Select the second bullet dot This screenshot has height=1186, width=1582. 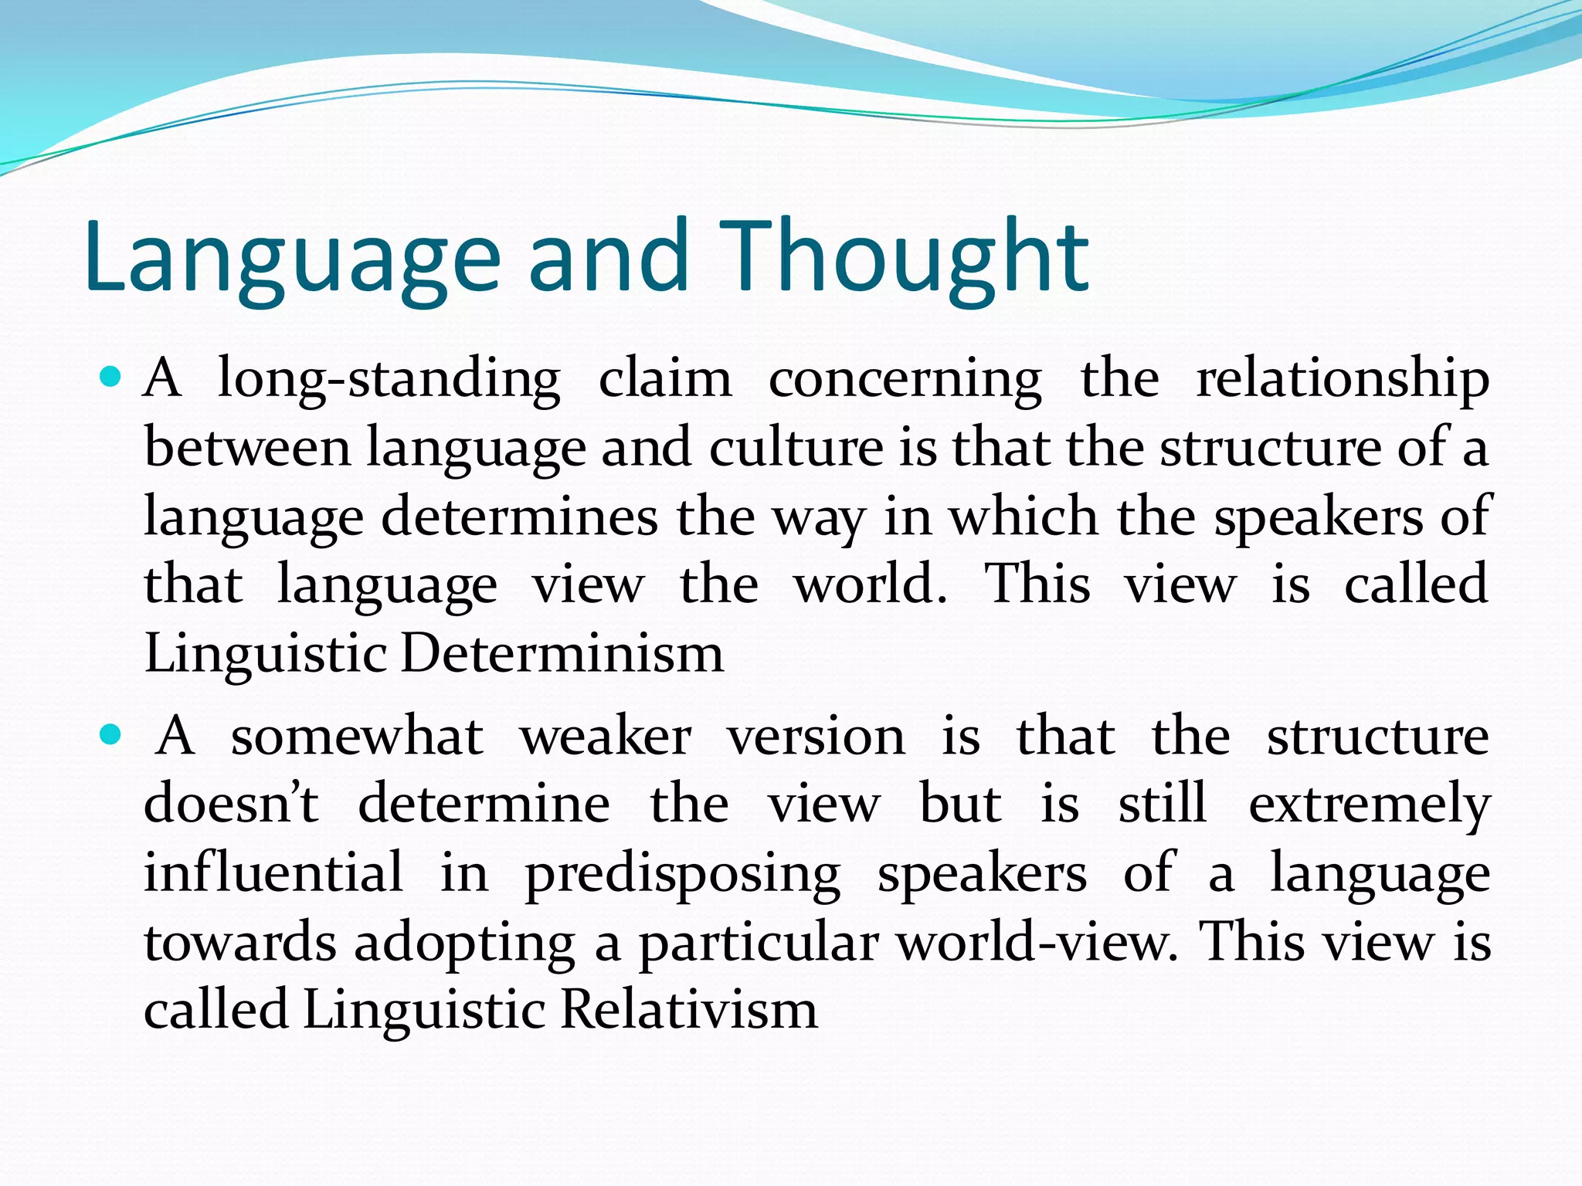tap(112, 734)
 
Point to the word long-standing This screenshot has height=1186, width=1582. tap(389, 381)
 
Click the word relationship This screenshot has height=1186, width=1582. tap(1343, 381)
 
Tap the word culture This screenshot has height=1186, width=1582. tap(796, 448)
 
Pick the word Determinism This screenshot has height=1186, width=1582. tap(562, 654)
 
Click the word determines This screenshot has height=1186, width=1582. tap(519, 517)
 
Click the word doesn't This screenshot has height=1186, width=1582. tap(231, 804)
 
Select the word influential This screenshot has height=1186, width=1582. tap(273, 873)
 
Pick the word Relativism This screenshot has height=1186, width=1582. tap(688, 1010)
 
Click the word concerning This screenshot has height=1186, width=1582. tap(905, 381)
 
